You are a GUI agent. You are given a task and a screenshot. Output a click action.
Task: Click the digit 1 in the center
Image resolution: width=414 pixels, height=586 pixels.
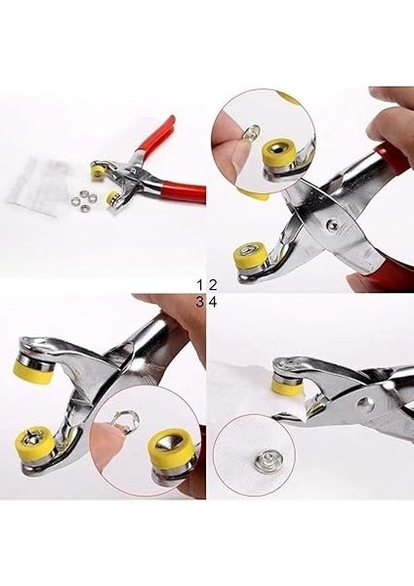pos(200,284)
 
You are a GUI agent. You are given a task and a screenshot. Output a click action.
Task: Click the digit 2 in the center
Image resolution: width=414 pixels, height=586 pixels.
pos(212,284)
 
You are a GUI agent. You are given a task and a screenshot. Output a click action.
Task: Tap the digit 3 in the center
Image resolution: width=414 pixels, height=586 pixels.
pos(200,302)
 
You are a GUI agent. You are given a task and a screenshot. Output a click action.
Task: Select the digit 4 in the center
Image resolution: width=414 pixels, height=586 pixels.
pos(212,302)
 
